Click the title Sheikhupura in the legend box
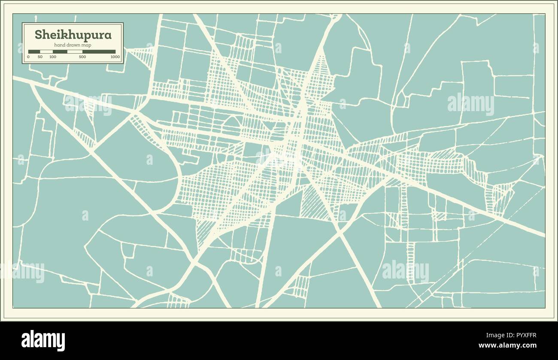[x=73, y=35]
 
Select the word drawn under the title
[x=73, y=45]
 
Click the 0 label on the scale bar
[x=28, y=57]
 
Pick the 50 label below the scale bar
[x=40, y=57]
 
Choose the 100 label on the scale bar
[x=53, y=57]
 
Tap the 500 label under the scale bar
[x=82, y=57]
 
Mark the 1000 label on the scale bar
[x=115, y=57]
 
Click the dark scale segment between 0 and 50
[x=34, y=51]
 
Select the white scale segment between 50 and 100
[x=46, y=51]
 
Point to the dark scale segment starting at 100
[x=60, y=51]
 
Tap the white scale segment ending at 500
[x=75, y=51]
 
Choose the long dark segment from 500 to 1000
[x=99, y=51]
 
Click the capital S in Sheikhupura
[x=38, y=35]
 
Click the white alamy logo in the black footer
[x=43, y=341]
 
